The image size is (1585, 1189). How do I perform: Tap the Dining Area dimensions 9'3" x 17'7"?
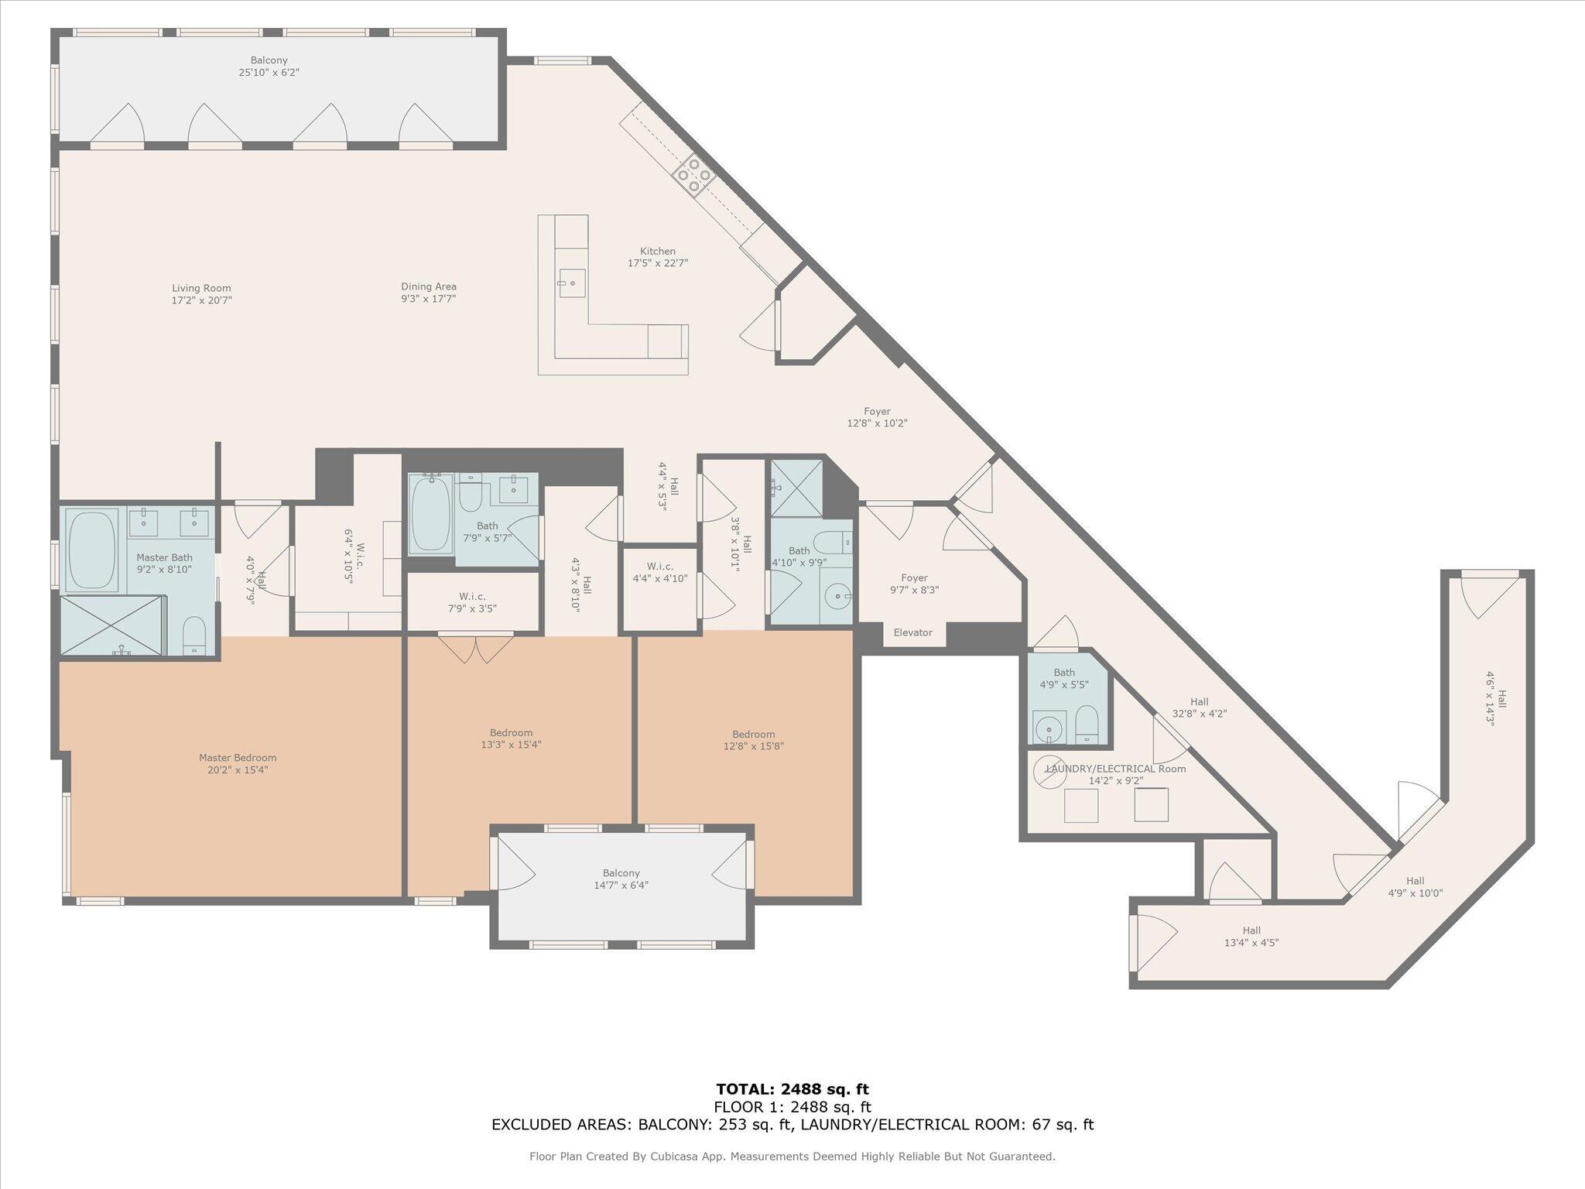(x=428, y=299)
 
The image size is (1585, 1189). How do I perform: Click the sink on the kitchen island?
(x=572, y=283)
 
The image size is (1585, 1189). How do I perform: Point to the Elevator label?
(x=912, y=632)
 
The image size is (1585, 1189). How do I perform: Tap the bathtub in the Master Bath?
(x=93, y=550)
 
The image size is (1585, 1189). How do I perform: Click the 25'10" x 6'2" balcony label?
(x=269, y=67)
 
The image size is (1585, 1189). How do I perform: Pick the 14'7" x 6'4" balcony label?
(x=621, y=879)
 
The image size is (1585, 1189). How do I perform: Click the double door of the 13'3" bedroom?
(x=475, y=648)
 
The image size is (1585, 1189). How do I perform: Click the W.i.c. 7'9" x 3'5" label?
(x=472, y=602)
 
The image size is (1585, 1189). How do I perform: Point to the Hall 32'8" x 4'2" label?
(x=1199, y=708)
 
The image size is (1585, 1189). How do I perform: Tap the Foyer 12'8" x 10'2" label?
(x=877, y=417)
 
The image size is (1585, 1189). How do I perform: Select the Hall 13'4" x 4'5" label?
(x=1251, y=937)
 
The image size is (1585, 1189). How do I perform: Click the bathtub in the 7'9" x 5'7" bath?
(x=431, y=514)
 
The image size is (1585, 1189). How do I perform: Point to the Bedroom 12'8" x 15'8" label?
(x=753, y=740)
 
